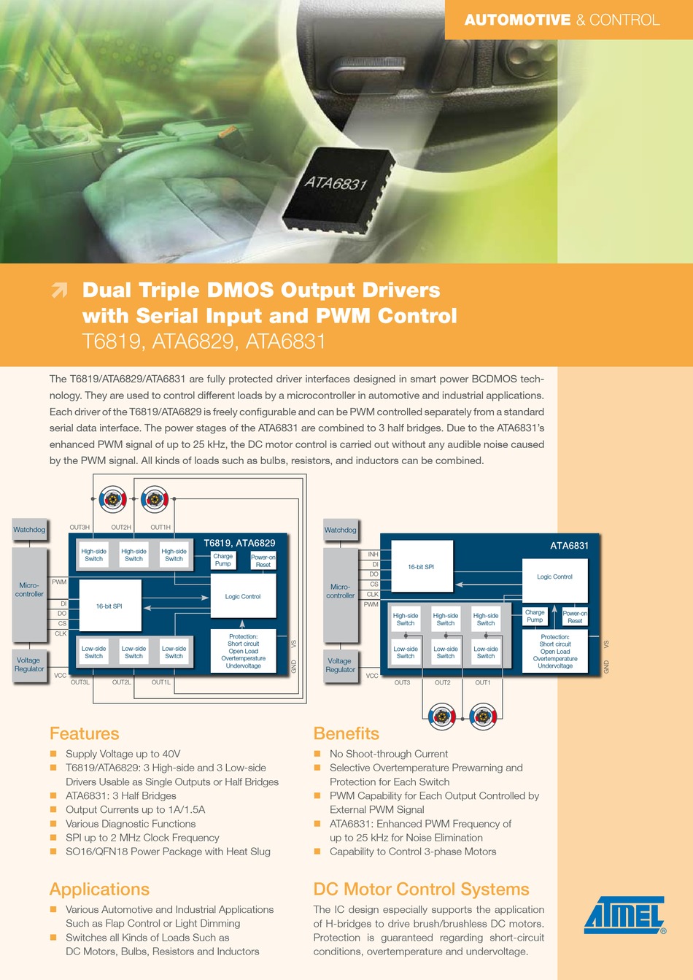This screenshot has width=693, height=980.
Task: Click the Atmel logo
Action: click(624, 915)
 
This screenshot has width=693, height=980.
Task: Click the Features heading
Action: click(84, 733)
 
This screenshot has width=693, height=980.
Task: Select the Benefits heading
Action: click(346, 733)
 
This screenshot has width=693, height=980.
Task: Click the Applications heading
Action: click(99, 889)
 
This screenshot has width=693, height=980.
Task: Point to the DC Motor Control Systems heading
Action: click(421, 889)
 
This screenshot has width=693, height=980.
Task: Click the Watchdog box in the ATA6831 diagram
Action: click(340, 530)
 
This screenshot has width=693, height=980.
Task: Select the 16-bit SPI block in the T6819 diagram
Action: click(109, 606)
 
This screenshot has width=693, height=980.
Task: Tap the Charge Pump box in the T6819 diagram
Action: click(223, 560)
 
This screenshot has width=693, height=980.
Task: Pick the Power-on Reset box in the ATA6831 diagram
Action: click(575, 617)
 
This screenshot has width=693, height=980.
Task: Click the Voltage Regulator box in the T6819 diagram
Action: click(29, 665)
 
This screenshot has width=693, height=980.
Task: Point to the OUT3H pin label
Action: click(80, 527)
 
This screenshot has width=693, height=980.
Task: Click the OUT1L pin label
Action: click(161, 682)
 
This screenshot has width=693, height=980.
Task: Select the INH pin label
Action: click(373, 555)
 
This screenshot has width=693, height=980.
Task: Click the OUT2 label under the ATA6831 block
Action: click(443, 682)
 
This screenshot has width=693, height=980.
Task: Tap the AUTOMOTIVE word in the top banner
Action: click(517, 20)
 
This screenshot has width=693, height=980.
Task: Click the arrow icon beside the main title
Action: click(60, 290)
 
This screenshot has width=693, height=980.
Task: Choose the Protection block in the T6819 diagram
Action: click(243, 651)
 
